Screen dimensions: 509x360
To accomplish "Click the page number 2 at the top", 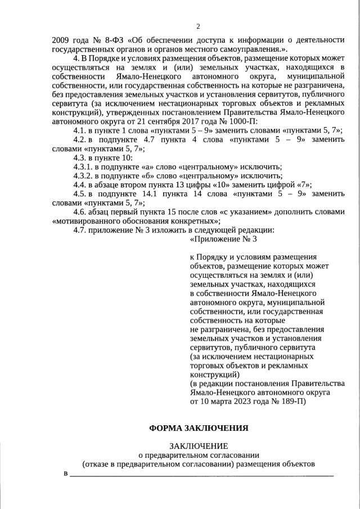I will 198,26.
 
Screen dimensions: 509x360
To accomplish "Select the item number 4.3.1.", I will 84,167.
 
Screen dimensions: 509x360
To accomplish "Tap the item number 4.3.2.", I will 84,176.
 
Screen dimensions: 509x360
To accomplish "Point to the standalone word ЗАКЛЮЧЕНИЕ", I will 198,446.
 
